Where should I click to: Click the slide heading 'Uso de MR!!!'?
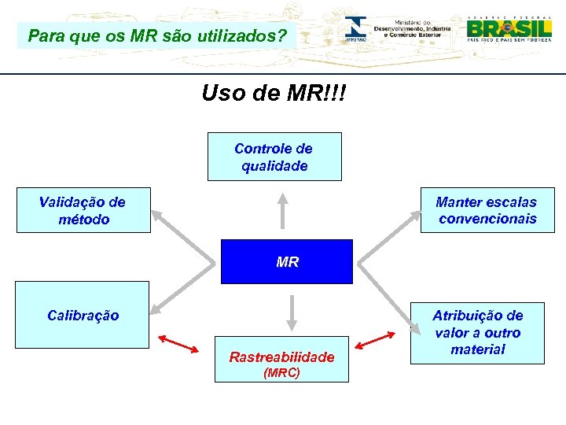[273, 94]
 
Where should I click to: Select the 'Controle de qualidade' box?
[274, 157]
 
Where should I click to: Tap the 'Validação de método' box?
[83, 210]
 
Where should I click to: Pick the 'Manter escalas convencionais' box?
[487, 210]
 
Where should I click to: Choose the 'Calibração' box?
[83, 315]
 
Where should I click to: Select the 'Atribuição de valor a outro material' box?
[477, 333]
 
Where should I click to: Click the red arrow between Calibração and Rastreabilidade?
[178, 344]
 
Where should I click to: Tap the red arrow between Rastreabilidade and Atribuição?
[375, 339]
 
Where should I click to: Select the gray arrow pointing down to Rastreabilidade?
[291, 312]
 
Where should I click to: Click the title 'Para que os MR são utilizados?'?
[157, 36]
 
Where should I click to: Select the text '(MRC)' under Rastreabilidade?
[281, 372]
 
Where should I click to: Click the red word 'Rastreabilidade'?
[281, 357]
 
